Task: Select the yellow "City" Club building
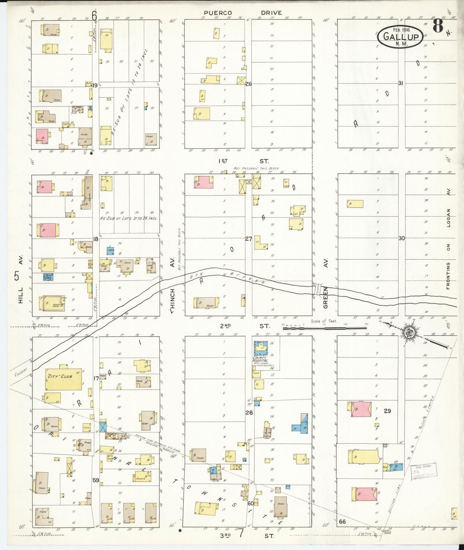[64, 378]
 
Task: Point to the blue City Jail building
[48, 277]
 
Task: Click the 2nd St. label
[244, 326]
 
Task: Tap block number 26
[248, 84]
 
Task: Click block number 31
[400, 83]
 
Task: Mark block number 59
[96, 480]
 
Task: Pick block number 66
[342, 521]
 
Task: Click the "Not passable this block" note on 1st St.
[256, 168]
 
